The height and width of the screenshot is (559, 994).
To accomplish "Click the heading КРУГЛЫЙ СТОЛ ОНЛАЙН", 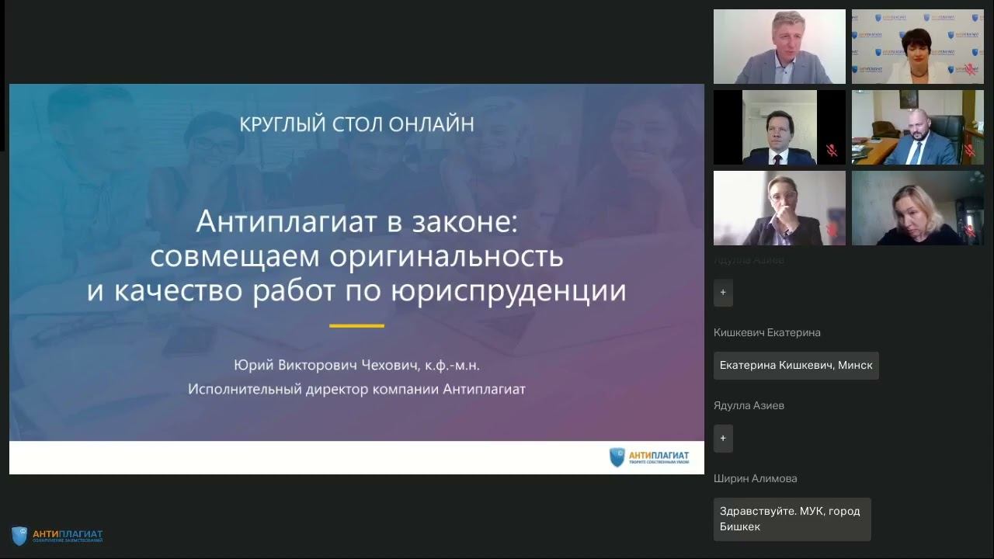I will click(356, 124).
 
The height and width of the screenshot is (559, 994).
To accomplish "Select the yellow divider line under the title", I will click(356, 326).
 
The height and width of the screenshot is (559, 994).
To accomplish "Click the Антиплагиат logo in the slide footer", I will click(649, 457).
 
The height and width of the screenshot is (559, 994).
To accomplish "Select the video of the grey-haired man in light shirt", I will click(779, 47).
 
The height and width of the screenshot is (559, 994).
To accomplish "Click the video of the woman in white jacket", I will click(917, 47).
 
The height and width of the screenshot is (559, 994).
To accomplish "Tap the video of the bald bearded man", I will click(917, 127).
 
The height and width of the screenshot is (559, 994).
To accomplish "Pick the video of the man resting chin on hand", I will click(779, 208).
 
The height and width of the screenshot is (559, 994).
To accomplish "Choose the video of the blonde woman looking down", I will click(917, 208).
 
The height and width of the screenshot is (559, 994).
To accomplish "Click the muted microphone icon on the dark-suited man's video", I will click(832, 151).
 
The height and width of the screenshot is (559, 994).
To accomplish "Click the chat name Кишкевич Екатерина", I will click(766, 332).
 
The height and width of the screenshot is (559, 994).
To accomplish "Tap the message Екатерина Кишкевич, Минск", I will click(796, 365).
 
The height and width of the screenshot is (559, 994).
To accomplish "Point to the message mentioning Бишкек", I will click(791, 519).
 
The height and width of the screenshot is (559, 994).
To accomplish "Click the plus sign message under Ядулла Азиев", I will click(723, 438).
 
